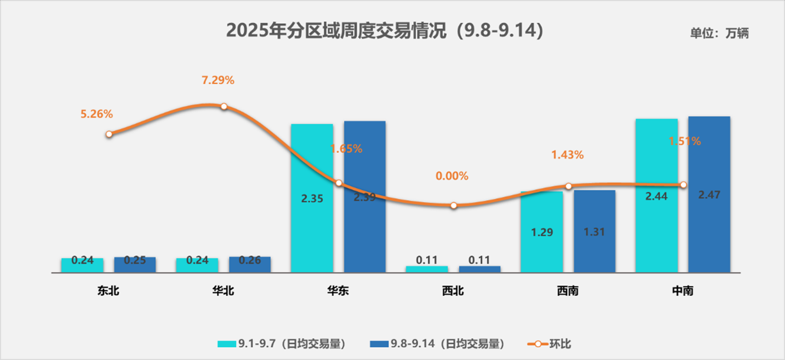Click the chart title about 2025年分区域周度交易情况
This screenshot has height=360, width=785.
tap(385, 31)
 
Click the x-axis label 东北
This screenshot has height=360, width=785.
tap(109, 291)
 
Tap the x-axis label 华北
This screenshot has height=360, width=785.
tap(223, 291)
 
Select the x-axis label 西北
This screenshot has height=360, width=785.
tap(453, 291)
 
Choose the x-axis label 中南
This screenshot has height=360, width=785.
tap(683, 291)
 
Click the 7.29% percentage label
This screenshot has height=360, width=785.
tap(218, 81)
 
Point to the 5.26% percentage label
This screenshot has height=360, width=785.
tap(97, 114)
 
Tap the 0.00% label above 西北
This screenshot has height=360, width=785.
tap(452, 176)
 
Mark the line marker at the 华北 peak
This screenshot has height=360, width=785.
tap(224, 106)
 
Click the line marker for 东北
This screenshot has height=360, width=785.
tap(109, 134)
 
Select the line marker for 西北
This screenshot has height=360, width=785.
tap(453, 206)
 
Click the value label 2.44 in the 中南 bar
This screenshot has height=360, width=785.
tap(657, 196)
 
